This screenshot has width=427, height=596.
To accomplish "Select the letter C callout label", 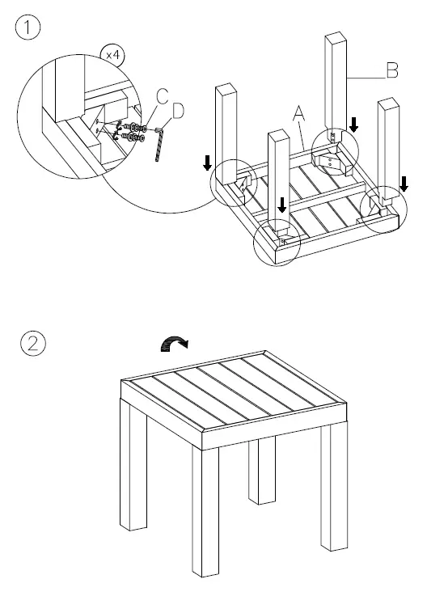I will coord(162,98).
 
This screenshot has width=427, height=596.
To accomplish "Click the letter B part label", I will coord(391,71).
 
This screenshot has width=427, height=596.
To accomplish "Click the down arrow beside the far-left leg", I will coord(209,162).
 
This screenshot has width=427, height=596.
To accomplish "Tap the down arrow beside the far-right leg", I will coord(404,172).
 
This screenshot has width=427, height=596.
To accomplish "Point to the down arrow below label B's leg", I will coord(353,123).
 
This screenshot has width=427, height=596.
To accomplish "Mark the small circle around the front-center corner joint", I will coord(276,240).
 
